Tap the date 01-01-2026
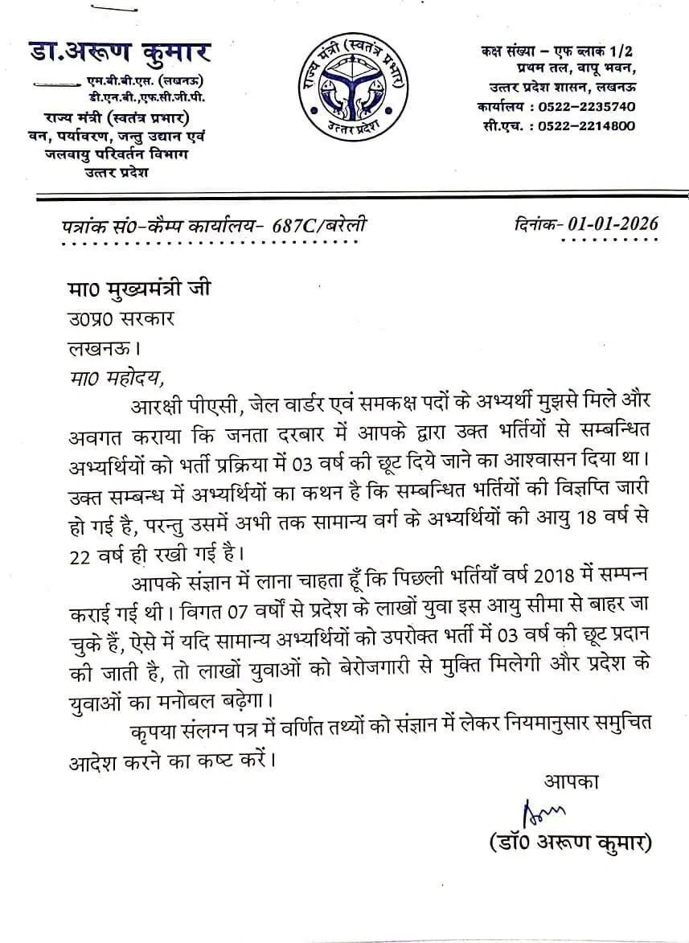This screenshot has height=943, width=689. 612,223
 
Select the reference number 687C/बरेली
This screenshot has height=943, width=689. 320,226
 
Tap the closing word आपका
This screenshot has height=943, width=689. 572,781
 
